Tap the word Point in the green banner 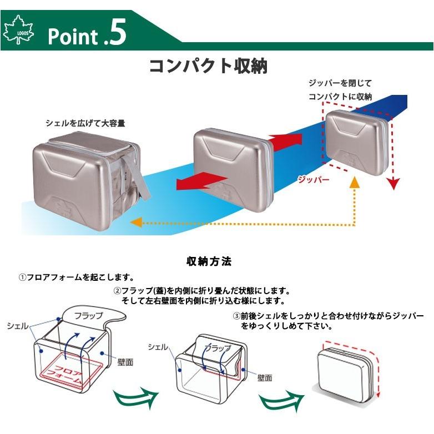[x=72, y=37]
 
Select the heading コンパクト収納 [x=208, y=65]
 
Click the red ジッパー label [x=314, y=180]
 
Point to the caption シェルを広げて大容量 [x=85, y=123]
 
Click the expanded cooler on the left [x=83, y=172]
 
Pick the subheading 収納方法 [x=209, y=261]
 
